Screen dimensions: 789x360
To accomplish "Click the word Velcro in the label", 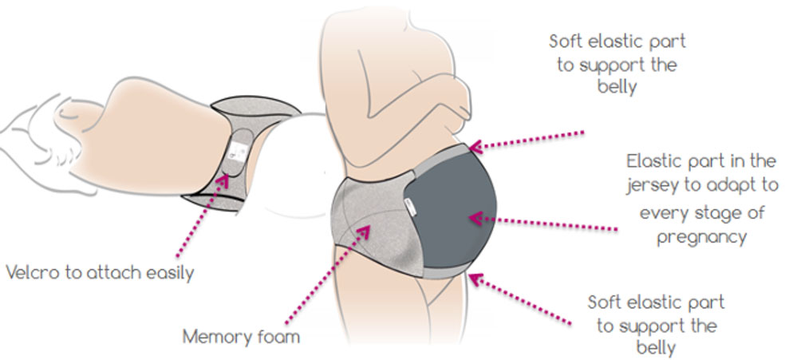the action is (x=28, y=272).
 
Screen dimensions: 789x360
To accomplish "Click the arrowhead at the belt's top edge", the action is (x=475, y=146).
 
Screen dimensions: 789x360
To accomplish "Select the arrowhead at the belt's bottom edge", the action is (x=473, y=279).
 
